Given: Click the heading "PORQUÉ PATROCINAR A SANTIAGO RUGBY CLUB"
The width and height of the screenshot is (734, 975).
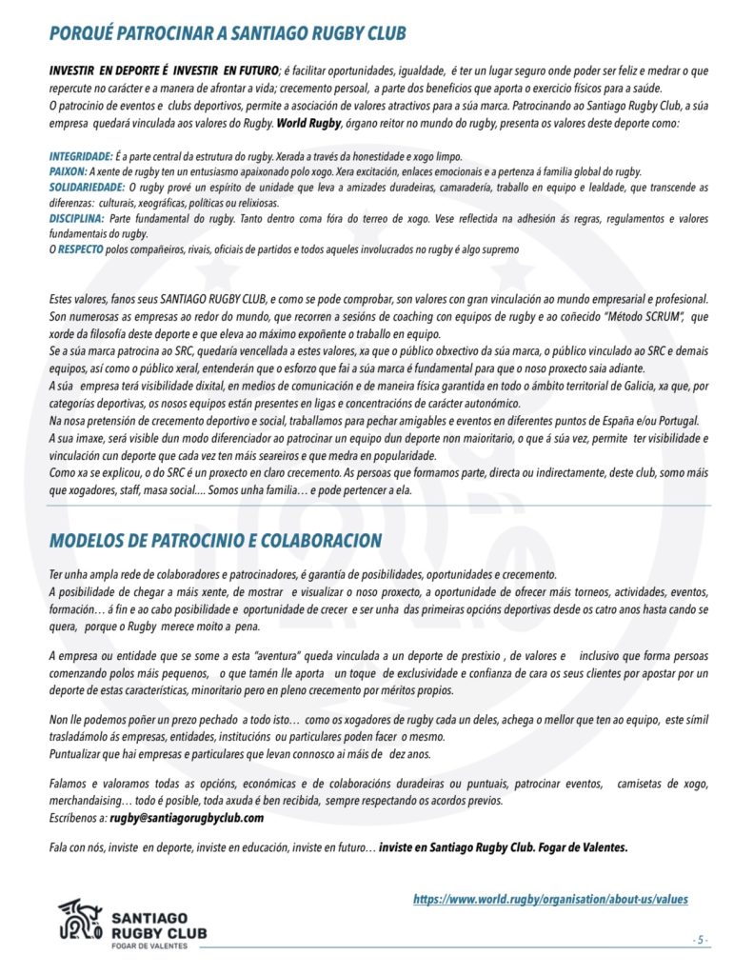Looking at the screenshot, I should [228, 34].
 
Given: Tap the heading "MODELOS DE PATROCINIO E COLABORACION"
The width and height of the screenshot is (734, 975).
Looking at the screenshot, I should [215, 541].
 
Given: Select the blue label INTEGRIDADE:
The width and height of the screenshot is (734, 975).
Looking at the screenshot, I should [80, 156].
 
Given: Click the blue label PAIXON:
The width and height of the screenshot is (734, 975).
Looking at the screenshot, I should [68, 171].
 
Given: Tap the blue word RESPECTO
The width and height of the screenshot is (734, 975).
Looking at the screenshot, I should [79, 249].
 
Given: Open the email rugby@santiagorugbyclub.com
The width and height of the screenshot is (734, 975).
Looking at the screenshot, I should [187, 818].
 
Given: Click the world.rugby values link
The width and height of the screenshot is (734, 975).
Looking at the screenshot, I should [549, 899].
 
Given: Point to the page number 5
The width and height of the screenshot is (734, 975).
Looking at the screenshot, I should [701, 940].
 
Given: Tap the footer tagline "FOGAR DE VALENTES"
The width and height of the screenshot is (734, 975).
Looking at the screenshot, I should [149, 945].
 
